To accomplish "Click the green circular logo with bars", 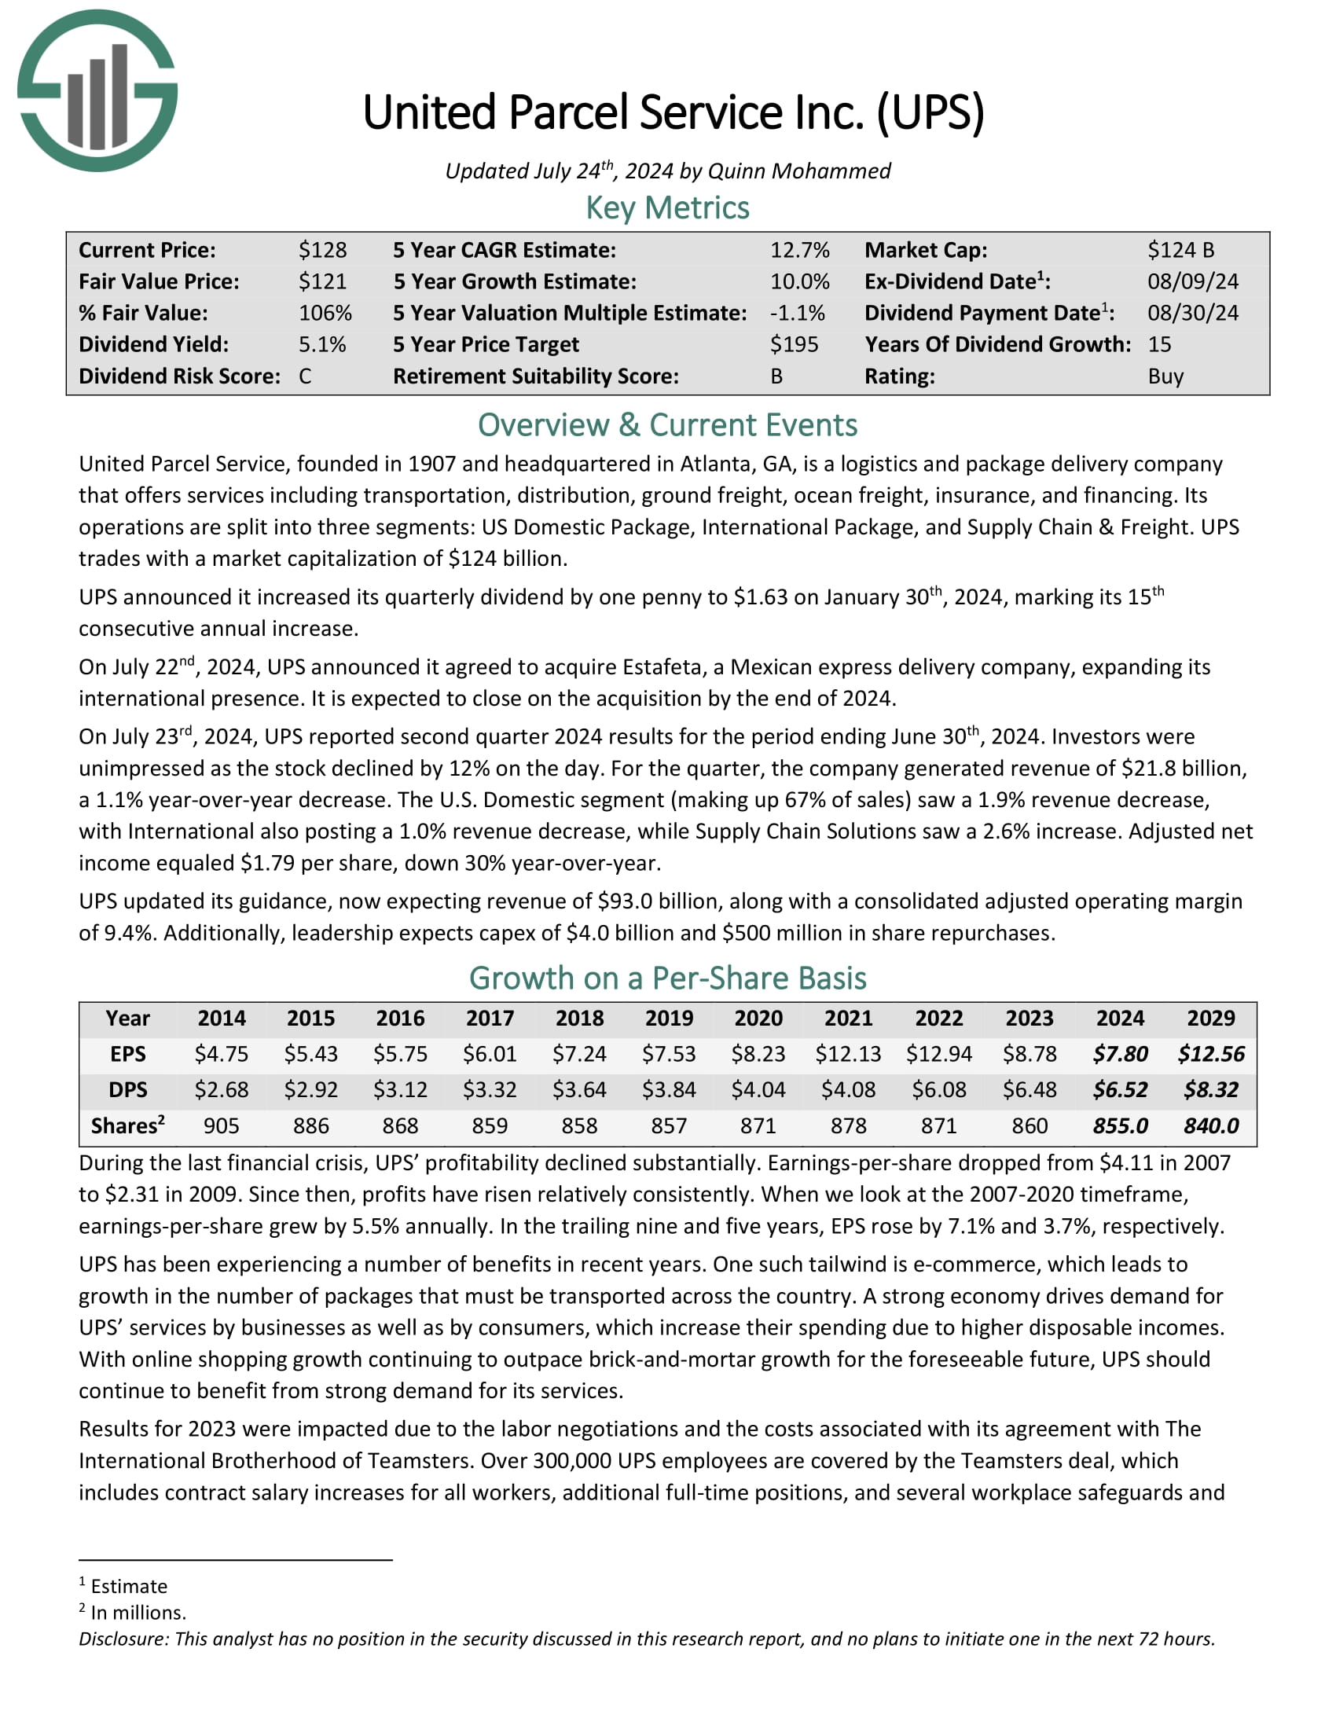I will point(97,90).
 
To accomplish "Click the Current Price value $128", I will point(322,250).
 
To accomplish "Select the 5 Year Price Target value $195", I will point(794,344).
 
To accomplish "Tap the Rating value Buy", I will point(1165,376).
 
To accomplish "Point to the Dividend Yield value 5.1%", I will point(322,344).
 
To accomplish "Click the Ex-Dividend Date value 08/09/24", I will point(1193,281).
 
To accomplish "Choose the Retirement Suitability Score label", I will point(536,376).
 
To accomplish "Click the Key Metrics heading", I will point(667,208).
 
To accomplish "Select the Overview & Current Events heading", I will point(667,425).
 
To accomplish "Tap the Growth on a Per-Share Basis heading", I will point(667,978).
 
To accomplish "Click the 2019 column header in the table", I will point(669,1018).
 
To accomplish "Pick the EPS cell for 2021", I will point(848,1054).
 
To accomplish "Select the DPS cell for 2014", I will point(222,1089).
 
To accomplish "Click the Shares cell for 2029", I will point(1211,1125).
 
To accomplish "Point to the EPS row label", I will point(127,1054).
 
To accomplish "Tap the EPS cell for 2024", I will point(1120,1054).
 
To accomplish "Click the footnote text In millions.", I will point(138,1613).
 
